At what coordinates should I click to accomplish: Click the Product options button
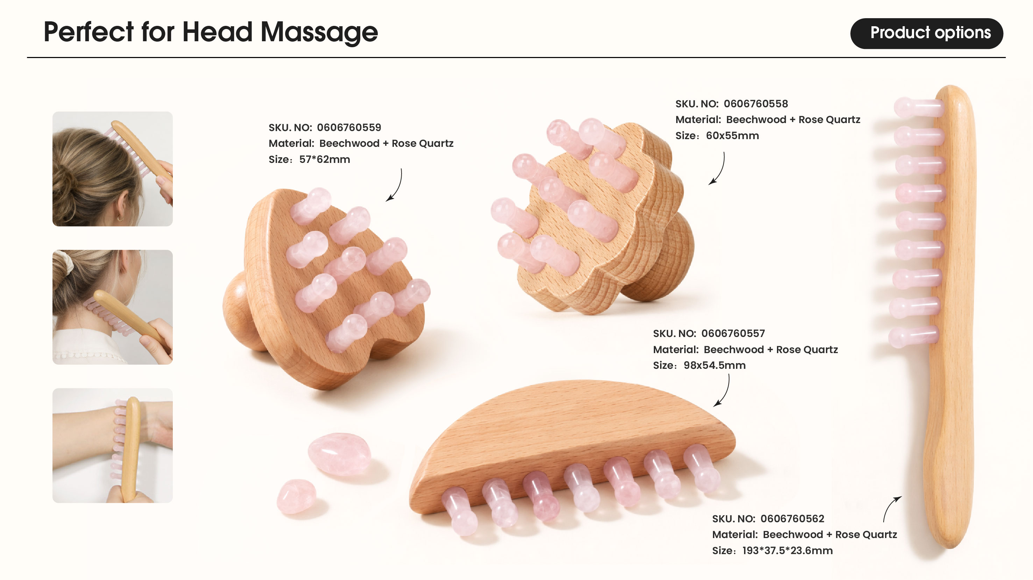click(926, 33)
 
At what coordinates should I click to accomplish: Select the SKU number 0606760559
click(349, 128)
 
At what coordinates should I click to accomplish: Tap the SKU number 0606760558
click(756, 104)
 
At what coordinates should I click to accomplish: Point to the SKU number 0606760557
click(733, 334)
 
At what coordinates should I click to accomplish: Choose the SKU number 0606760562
click(792, 519)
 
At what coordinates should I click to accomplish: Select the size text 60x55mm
click(732, 136)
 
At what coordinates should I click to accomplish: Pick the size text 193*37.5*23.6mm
click(787, 551)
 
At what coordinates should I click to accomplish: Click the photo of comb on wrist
click(113, 445)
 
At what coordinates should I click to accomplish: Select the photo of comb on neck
click(113, 307)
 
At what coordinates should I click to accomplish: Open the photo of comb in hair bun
click(113, 169)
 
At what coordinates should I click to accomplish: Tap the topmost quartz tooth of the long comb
click(918, 107)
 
